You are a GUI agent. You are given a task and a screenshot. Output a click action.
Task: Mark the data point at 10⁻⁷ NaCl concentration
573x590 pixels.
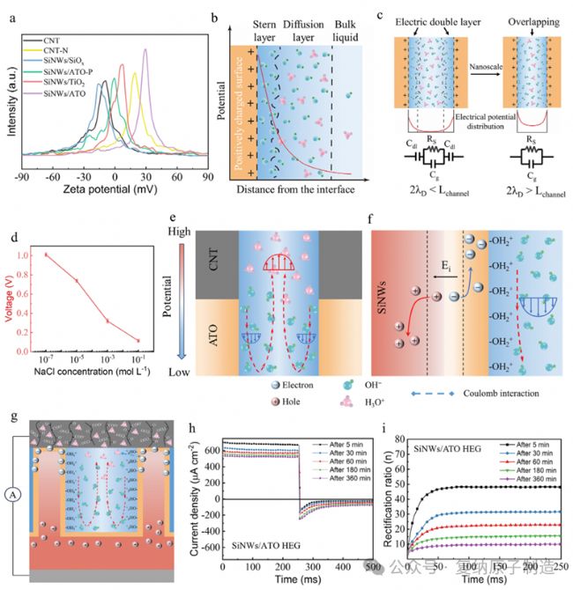coord(46,254)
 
